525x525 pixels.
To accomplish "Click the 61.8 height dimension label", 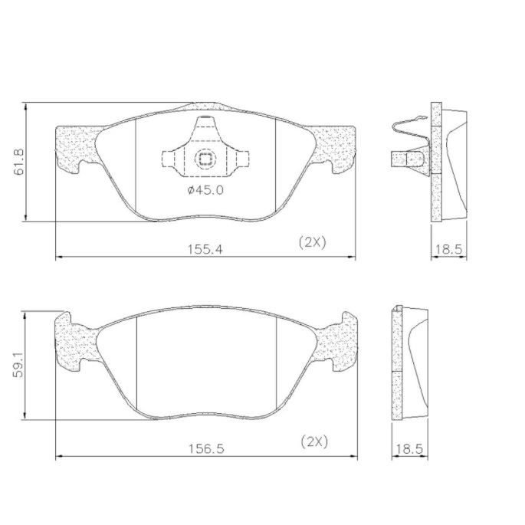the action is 19,162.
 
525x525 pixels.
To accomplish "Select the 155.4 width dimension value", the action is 205,249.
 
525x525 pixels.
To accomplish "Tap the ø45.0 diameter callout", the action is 205,190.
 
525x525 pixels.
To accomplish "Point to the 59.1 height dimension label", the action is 18,364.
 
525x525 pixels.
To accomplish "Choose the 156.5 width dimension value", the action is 206,448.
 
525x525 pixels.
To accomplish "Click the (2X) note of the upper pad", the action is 312,242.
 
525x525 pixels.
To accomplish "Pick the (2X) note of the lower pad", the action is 314,442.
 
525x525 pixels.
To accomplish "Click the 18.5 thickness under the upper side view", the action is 448,249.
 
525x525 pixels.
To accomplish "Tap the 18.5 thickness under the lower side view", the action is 409,448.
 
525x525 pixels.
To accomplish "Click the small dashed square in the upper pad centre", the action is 205,159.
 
